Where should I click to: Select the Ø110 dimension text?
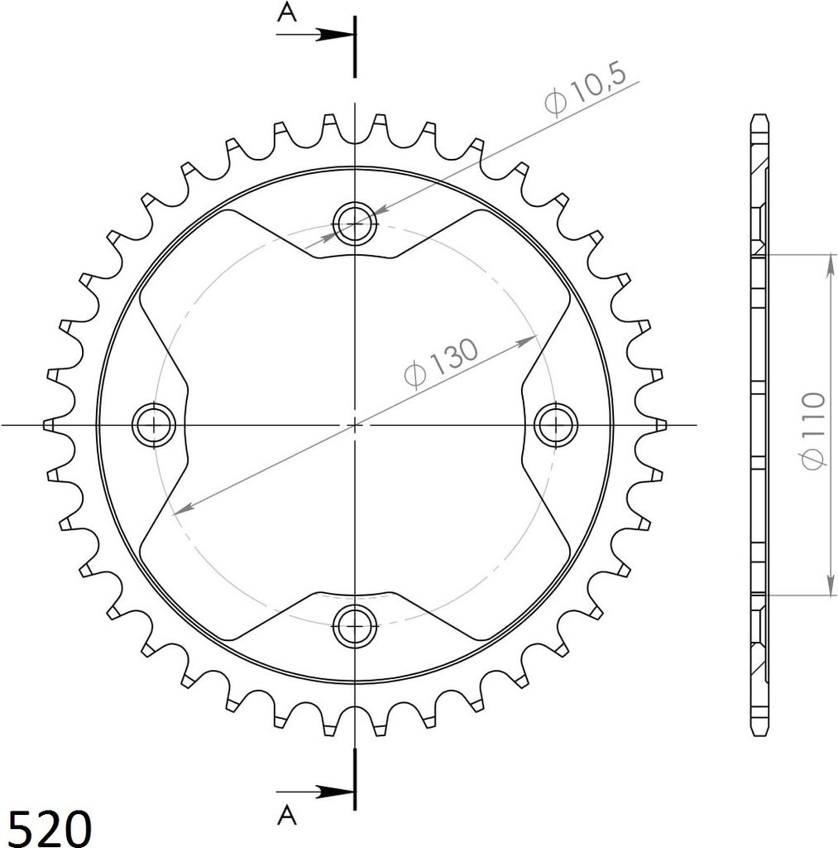point(814,431)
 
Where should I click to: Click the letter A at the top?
point(287,12)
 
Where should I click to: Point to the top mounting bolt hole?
point(355,224)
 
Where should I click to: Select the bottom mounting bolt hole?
point(355,626)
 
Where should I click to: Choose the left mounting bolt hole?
point(154,425)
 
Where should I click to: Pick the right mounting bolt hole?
point(556,425)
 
